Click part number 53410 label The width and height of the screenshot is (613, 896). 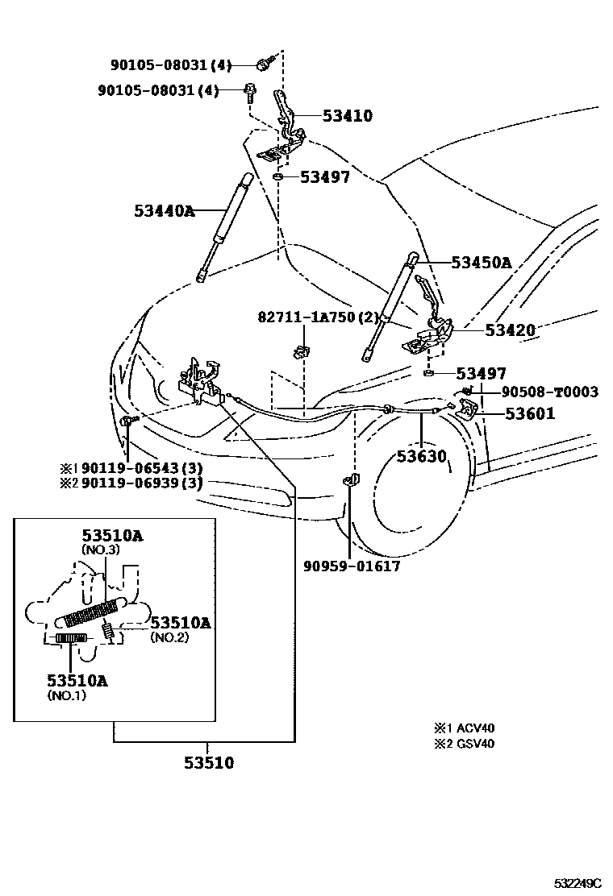pos(348,116)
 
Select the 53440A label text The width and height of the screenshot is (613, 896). pos(165,212)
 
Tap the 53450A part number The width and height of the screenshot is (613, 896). pos(482,263)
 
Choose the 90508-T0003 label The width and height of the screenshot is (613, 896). pos(549,392)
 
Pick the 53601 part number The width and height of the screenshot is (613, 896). pos(530,414)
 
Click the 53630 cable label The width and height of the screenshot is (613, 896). pos(421,457)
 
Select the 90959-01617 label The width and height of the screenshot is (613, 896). pos(352,566)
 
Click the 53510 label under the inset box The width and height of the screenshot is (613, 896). pos(207,761)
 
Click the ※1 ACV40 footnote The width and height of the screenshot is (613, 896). pos(464,728)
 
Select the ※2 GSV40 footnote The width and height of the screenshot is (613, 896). pos(464,744)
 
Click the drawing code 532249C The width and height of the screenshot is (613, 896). pos(578,883)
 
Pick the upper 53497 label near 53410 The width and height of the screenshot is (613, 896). pos(325,177)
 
